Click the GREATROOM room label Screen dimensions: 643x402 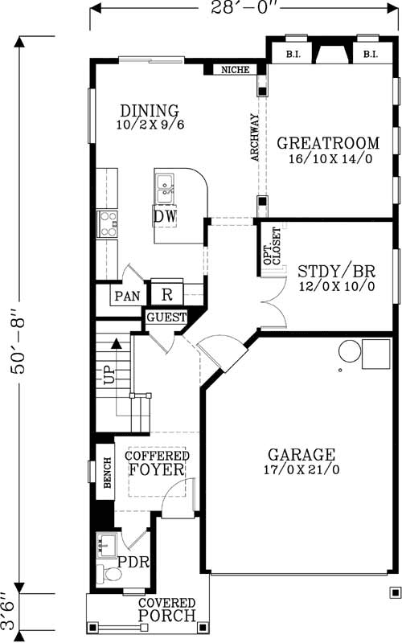click(327, 144)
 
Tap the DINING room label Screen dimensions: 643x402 click(149, 111)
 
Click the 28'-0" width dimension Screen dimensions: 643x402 click(245, 10)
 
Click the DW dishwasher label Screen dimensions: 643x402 click(166, 217)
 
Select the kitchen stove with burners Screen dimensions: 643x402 click(107, 223)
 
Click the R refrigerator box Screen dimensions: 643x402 click(167, 294)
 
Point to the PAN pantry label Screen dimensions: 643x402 click(126, 296)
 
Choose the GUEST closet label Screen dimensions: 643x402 click(166, 318)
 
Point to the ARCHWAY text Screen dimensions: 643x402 click(255, 137)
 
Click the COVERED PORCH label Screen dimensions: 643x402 click(167, 611)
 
